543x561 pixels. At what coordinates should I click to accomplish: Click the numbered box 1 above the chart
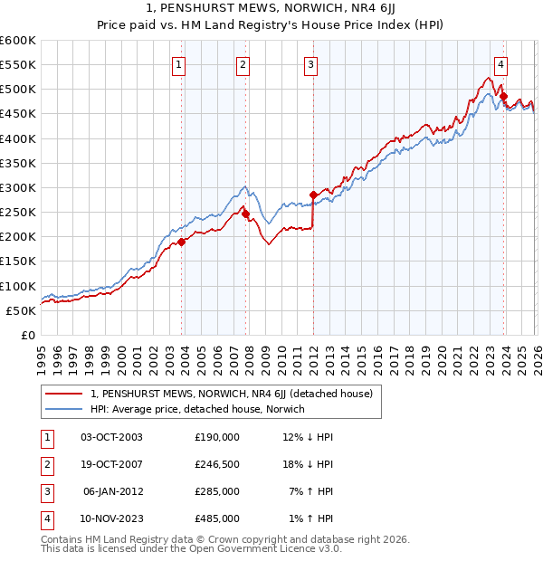point(179,64)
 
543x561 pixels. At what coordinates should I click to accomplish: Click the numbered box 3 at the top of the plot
point(310,64)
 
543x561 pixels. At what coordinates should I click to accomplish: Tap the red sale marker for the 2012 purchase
point(313,195)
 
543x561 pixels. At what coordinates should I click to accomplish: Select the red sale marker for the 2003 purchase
point(182,242)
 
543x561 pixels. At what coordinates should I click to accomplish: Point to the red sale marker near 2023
point(503,97)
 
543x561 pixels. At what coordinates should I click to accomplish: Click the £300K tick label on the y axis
point(18,187)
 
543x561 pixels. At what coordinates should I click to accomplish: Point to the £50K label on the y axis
point(22,310)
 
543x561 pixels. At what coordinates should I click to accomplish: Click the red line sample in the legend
point(64,394)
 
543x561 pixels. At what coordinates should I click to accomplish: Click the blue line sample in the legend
point(64,409)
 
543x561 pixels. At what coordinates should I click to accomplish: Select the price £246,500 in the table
point(216,464)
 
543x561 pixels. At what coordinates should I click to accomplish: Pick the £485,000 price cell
point(216,518)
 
